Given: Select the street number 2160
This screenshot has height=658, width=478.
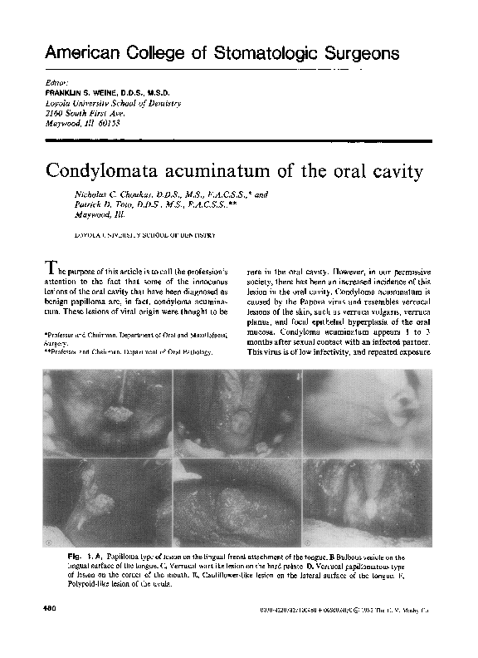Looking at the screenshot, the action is tap(54, 111).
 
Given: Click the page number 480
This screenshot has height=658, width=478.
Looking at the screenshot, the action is tap(48, 611).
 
